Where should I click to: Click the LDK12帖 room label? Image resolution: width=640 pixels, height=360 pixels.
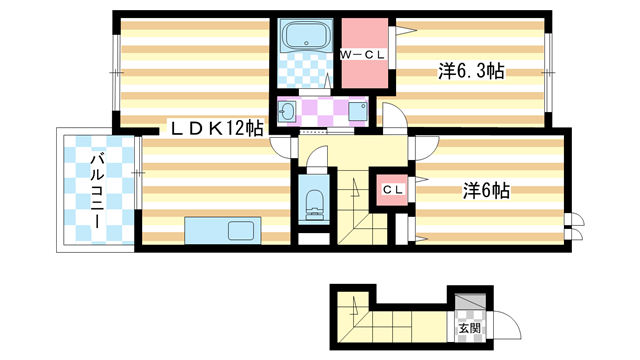point(215,128)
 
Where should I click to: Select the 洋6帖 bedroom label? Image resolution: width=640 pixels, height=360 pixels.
point(486,190)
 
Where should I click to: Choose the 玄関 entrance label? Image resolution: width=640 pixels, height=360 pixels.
point(469,327)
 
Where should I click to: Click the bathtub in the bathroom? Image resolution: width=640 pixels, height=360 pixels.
point(306,37)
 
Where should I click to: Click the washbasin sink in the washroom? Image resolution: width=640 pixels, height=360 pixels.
point(288,111)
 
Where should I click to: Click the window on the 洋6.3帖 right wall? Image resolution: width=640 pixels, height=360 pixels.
point(549,70)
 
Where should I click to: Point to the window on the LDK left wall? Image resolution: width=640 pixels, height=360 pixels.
point(115,70)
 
